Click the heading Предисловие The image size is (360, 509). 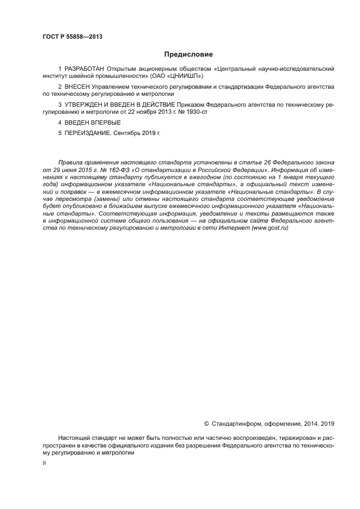coord(188,54)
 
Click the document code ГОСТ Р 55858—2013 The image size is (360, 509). coord(72,36)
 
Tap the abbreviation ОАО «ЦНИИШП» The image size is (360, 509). coord(169,77)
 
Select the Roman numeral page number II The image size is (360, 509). coord(44,463)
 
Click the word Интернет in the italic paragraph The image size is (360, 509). coord(234,228)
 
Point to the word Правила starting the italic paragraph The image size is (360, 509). coord(69,162)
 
